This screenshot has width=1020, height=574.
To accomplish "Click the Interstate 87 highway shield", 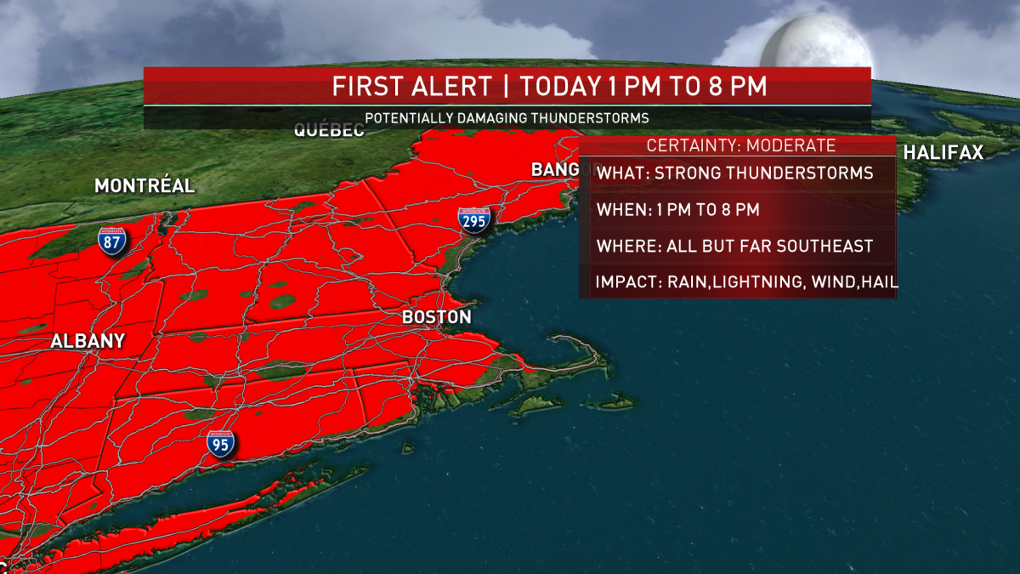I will (112, 242).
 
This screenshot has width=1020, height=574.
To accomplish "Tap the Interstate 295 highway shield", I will (473, 220).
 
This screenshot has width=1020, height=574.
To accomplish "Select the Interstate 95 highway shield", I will (221, 443).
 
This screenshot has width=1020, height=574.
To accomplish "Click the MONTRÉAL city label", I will (144, 185).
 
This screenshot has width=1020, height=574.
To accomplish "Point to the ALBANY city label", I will (88, 341).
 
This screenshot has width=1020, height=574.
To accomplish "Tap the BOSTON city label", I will (436, 317).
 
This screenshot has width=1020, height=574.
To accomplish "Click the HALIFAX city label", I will (943, 153).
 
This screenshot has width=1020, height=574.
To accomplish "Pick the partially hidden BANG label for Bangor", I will (554, 169).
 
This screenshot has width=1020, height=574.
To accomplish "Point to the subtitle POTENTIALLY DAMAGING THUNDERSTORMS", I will (507, 118).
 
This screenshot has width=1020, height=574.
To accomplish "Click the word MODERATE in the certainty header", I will (790, 145).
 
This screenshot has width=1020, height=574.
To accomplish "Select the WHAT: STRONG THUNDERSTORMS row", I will (735, 173).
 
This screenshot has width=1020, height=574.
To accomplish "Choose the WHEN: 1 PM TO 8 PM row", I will (677, 209).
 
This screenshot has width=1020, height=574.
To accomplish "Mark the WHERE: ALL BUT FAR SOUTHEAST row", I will (735, 246).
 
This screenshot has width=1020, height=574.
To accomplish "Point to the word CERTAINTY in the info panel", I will (690, 145).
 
